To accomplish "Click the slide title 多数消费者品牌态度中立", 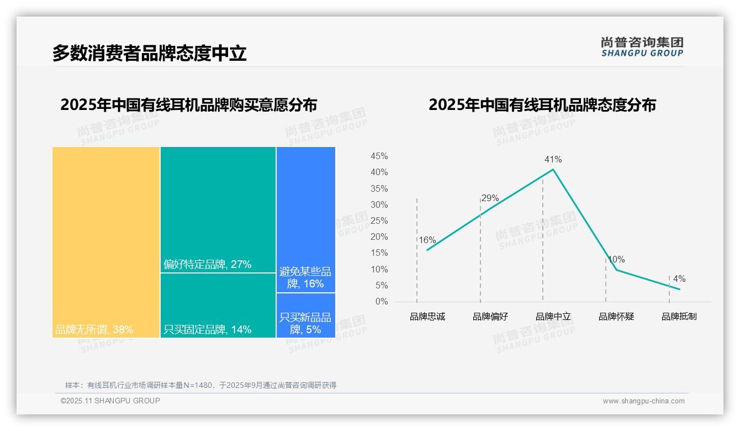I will click(149, 53).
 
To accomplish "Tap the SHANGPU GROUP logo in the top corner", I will click(642, 47).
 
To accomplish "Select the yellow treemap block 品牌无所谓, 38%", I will click(106, 242).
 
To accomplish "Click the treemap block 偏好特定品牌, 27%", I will click(218, 209).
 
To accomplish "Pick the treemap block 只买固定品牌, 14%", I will click(218, 305).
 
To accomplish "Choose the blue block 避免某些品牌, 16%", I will click(305, 219).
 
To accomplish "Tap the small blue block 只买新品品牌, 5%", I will click(305, 316).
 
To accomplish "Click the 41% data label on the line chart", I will click(553, 160).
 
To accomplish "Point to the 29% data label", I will click(490, 198).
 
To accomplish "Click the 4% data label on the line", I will click(679, 279).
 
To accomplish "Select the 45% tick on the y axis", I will click(379, 156).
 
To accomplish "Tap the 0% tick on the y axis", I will click(382, 302).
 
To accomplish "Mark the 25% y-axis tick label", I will click(379, 221).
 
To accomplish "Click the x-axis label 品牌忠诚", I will click(427, 317).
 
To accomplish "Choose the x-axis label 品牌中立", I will click(553, 317).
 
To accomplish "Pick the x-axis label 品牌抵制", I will click(679, 317).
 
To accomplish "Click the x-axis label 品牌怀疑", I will click(616, 317).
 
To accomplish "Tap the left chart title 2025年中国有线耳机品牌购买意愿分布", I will click(188, 105).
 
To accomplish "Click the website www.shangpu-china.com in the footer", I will click(643, 401).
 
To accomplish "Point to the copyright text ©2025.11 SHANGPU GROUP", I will click(110, 401).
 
